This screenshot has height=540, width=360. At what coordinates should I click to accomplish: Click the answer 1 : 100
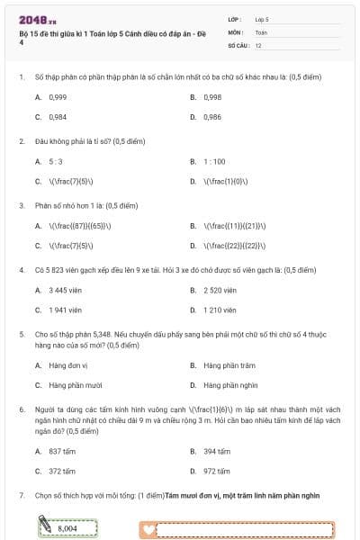coord(213,162)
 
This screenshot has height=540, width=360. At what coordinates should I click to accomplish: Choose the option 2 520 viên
coord(220,290)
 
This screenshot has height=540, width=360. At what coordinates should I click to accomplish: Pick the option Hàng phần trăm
coord(223,365)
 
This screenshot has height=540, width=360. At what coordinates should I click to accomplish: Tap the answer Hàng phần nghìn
coord(223,386)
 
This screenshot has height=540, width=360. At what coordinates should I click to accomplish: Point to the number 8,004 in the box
coord(67,528)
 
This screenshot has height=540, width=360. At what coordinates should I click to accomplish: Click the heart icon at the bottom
coord(149,529)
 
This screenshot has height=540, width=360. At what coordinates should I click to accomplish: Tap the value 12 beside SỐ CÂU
coord(259,44)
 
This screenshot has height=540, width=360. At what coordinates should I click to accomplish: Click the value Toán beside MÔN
coord(262,31)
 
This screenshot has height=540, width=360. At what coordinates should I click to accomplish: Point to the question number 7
coord(22,496)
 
